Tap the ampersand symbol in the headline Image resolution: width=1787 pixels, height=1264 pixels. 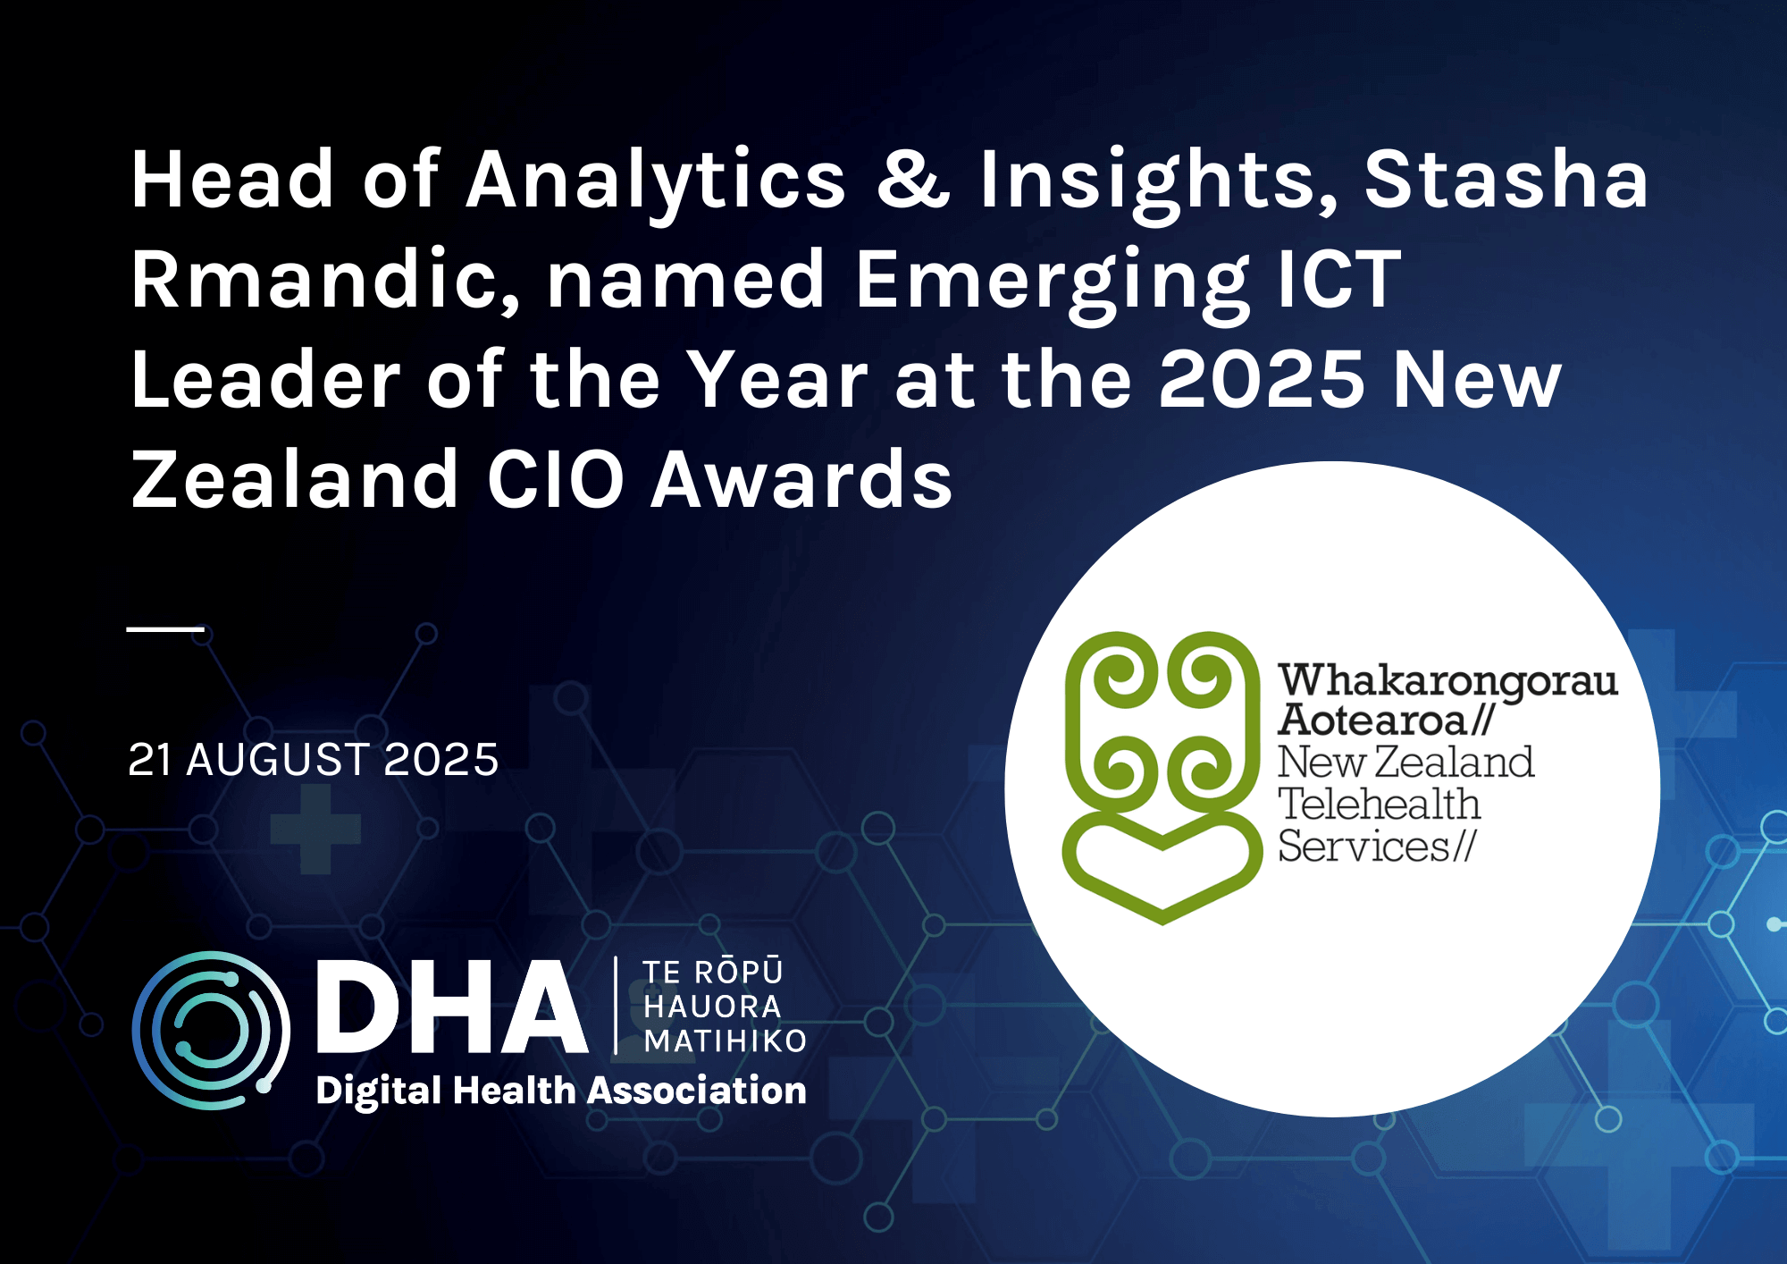coord(912,180)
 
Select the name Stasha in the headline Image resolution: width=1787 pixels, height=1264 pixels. coord(1506,180)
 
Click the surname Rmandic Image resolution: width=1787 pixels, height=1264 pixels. coord(324,280)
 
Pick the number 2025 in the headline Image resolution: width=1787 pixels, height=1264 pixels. coord(1262,380)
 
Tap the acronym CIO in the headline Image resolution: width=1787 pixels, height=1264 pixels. coord(555,480)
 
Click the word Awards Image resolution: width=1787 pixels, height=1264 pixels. coord(801,480)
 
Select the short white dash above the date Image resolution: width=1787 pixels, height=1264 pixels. coord(165,629)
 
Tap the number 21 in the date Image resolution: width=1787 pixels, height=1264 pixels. coord(149,761)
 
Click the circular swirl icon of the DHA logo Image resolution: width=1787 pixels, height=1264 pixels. coord(211,1030)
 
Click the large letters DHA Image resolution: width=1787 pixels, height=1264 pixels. coord(451,1007)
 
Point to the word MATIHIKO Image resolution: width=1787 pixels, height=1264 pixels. coord(725,1041)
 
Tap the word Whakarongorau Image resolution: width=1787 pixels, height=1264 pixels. coord(1447,681)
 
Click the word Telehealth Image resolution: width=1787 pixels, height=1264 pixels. coord(1379,805)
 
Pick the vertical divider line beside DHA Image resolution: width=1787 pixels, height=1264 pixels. coord(617,1006)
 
